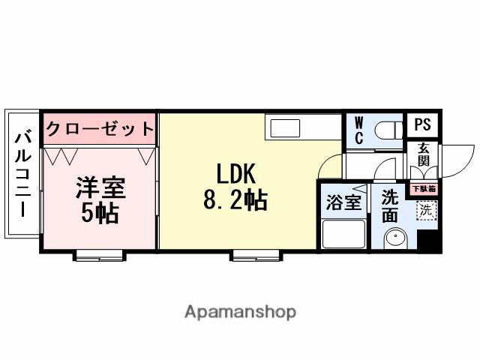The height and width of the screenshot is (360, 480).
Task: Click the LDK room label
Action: pyautogui.click(x=236, y=174)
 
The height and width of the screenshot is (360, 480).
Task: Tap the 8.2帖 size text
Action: pyautogui.click(x=235, y=201)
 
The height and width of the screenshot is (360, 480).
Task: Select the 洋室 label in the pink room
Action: pyautogui.click(x=99, y=187)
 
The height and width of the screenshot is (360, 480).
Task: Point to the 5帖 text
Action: pyautogui.click(x=99, y=213)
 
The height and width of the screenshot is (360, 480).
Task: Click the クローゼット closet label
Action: pyautogui.click(x=99, y=129)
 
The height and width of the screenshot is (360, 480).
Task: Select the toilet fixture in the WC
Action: pyautogui.click(x=387, y=129)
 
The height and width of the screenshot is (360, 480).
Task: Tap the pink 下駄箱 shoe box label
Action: pyautogui.click(x=424, y=189)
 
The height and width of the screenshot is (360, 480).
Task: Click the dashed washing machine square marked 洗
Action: pyautogui.click(x=425, y=211)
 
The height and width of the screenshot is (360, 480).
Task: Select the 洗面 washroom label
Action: pyautogui.click(x=390, y=205)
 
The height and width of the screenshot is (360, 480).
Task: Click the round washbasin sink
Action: pyautogui.click(x=394, y=239)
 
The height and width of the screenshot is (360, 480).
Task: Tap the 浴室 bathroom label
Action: pyautogui.click(x=343, y=202)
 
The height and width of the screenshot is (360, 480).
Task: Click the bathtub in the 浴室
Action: pyautogui.click(x=343, y=235)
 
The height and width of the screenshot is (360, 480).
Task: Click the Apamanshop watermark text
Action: pyautogui.click(x=240, y=311)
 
